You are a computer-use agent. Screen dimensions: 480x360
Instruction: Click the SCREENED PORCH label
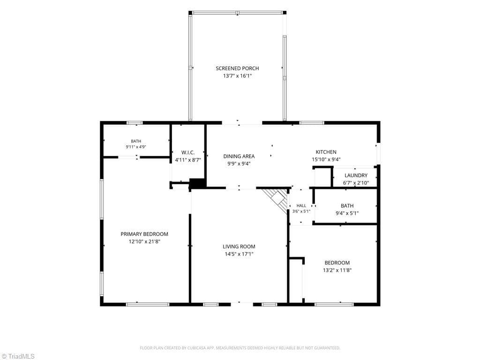pyautogui.click(x=237, y=68)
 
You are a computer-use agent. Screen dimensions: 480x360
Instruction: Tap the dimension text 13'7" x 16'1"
pyautogui.click(x=237, y=76)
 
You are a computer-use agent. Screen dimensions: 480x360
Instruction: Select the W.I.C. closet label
pyautogui.click(x=188, y=152)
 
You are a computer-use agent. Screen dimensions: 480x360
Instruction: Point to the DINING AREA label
pyautogui.click(x=239, y=156)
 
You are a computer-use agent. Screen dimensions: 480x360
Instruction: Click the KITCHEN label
pyautogui.click(x=326, y=152)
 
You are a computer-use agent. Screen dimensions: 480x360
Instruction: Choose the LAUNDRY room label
pyautogui.click(x=356, y=175)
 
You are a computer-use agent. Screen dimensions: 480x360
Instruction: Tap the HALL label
pyautogui.click(x=301, y=206)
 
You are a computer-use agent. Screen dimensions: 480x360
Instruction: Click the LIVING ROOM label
pyautogui.click(x=239, y=247)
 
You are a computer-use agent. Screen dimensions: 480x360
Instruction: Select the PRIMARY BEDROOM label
pyautogui.click(x=144, y=234)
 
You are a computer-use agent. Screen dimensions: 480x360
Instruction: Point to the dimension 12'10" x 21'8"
pyautogui.click(x=144, y=241)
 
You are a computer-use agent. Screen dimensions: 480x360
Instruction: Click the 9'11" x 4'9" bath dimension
pyautogui.click(x=136, y=147)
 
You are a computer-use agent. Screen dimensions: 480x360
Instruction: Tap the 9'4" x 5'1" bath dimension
pyautogui.click(x=347, y=213)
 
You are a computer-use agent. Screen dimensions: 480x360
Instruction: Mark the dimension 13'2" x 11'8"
pyautogui.click(x=337, y=270)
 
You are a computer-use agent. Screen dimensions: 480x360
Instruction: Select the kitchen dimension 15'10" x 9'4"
pyautogui.click(x=326, y=159)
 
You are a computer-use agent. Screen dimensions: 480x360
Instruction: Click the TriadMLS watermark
pyautogui.click(x=18, y=356)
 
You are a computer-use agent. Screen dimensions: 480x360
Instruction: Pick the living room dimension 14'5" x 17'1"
pyautogui.click(x=239, y=254)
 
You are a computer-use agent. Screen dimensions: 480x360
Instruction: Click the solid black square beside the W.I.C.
pyautogui.click(x=197, y=184)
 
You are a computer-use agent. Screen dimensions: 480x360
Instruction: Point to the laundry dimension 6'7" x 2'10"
pyautogui.click(x=356, y=183)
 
